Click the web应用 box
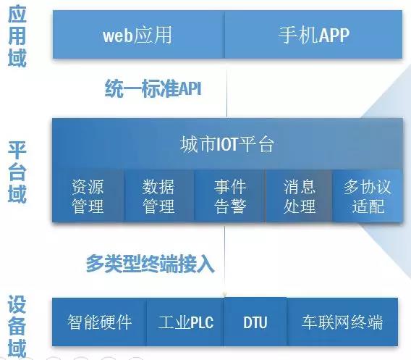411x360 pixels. click(139, 34)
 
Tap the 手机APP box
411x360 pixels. click(313, 34)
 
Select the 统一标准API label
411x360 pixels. click(153, 88)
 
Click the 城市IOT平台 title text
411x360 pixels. click(227, 144)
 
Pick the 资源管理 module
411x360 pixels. click(88, 196)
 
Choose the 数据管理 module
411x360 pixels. click(159, 196)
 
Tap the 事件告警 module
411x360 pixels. click(230, 196)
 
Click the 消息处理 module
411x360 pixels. click(299, 196)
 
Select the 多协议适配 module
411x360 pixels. click(368, 196)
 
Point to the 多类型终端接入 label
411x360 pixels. click(151, 264)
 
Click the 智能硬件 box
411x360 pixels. click(99, 322)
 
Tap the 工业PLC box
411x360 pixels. click(185, 322)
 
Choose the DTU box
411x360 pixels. click(255, 322)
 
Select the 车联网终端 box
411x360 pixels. click(342, 322)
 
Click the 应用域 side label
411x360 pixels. click(17, 36)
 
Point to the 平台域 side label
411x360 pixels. click(17, 172)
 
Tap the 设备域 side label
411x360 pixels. click(17, 326)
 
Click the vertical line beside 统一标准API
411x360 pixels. click(226, 88)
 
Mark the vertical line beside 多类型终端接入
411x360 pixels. click(224, 260)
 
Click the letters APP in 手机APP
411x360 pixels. click(334, 35)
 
